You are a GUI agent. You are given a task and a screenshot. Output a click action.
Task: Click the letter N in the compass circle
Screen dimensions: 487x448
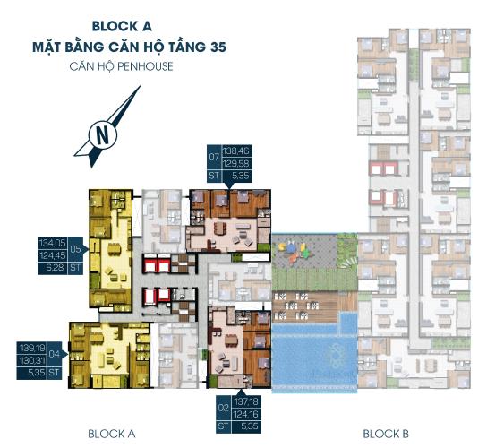103,135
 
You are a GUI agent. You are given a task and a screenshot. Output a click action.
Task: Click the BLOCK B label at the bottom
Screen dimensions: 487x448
386,434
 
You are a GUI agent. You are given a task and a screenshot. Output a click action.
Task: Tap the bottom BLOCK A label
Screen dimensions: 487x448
112,434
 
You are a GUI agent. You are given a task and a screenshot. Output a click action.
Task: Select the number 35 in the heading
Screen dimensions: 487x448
218,47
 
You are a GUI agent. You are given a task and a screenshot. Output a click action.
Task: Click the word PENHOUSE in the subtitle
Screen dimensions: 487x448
147,66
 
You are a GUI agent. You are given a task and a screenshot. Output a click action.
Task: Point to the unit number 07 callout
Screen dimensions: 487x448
214,157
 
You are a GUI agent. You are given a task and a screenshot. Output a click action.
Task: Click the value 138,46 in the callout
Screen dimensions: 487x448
236,151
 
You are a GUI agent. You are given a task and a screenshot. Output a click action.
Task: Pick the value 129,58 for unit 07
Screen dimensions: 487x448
236,164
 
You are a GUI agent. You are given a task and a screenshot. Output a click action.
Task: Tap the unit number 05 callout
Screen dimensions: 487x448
75,249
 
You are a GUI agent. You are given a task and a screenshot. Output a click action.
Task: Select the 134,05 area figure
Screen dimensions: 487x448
53,243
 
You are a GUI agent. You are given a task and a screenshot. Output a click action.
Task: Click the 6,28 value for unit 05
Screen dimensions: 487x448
55,267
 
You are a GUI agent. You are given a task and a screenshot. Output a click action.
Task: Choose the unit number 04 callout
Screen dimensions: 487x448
54,354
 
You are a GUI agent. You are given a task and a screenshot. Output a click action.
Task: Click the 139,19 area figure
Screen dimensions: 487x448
32,348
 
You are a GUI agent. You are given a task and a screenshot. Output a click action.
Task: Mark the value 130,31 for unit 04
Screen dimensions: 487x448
32,360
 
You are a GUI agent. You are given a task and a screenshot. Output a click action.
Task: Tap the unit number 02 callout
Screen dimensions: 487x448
223,408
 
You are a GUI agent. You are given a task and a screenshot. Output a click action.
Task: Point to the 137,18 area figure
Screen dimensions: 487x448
246,401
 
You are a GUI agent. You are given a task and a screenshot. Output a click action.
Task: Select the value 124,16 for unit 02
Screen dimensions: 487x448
246,414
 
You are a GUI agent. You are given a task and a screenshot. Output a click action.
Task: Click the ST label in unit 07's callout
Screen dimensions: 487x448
214,176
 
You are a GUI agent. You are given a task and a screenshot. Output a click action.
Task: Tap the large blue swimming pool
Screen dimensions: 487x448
314,356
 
